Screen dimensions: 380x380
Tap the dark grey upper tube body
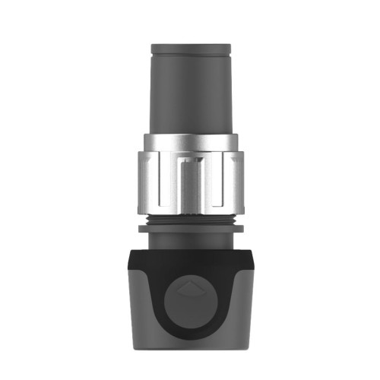click(189, 91)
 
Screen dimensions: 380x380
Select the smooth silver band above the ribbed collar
click(189, 141)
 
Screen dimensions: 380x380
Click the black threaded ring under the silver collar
click(189, 220)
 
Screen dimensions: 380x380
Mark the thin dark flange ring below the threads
click(189, 227)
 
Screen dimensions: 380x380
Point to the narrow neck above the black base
click(189, 239)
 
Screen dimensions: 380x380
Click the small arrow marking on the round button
click(189, 290)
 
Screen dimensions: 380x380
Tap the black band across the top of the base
click(189, 258)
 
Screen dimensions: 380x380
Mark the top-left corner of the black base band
click(131, 252)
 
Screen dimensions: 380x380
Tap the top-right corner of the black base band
click(249, 252)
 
